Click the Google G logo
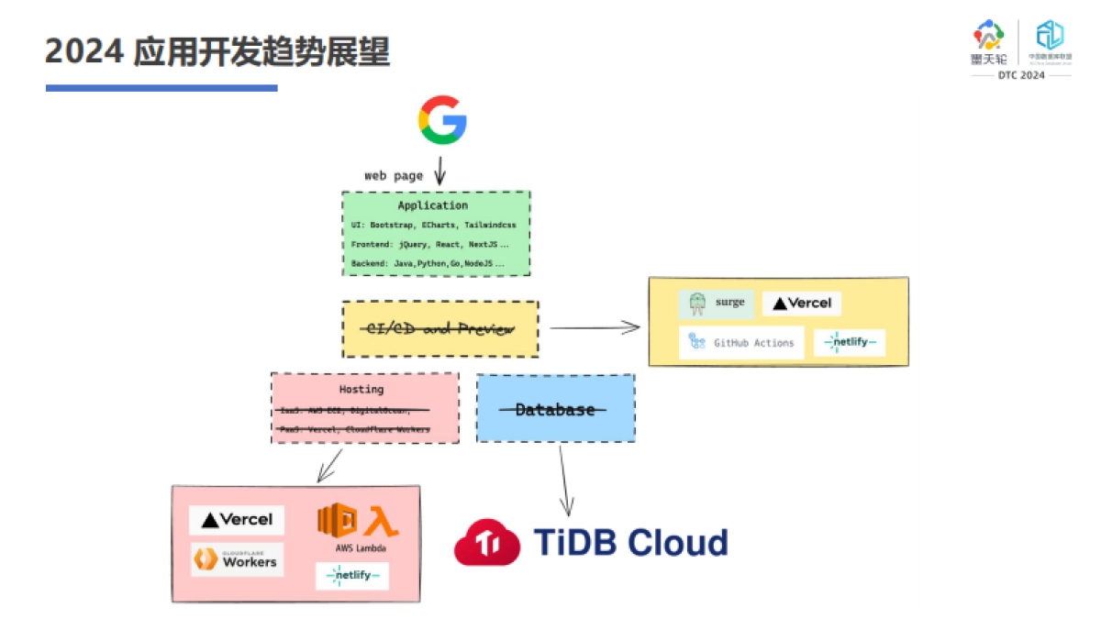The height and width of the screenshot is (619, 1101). pos(442,119)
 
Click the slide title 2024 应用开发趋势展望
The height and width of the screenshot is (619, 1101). pos(217,51)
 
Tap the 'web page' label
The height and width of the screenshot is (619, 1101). pos(394,175)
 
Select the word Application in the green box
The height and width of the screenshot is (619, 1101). pos(432,205)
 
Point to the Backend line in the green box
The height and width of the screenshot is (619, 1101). pos(428,263)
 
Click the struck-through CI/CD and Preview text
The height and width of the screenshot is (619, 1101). pos(440,328)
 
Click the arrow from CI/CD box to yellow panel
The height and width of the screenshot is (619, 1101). pos(594,327)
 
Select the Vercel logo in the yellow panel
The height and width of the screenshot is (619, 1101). pos(802,304)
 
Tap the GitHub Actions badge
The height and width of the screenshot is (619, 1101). pos(741,343)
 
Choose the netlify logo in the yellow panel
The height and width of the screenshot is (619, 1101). pos(850,343)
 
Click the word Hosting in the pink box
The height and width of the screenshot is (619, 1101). pos(361,389)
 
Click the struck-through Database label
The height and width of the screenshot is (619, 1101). pos(554,409)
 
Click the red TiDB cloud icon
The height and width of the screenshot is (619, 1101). pos(487,543)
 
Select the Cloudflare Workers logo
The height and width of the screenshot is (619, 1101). pos(237,559)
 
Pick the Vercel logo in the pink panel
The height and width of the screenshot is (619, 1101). pos(237,520)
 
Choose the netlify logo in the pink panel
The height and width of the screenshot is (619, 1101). pos(351,576)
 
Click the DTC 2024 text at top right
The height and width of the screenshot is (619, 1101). pos(1021,75)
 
